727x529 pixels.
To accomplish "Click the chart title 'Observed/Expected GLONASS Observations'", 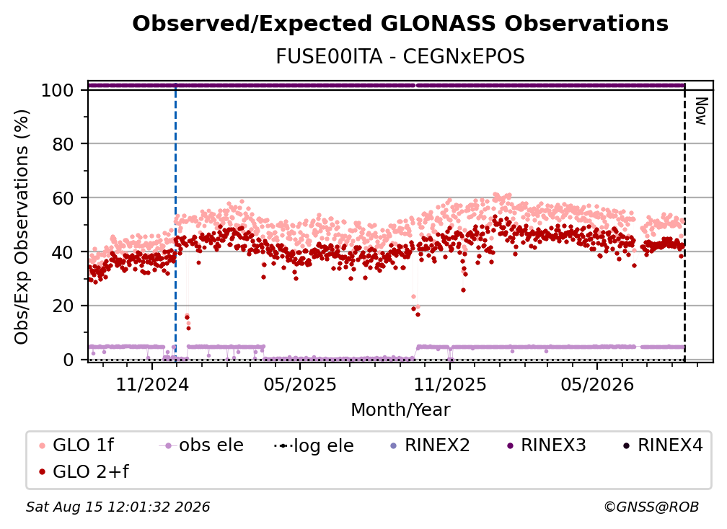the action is coord(400,24).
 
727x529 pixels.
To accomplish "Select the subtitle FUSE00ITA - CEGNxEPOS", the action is coord(400,57).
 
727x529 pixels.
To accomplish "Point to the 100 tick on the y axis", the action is coord(57,90).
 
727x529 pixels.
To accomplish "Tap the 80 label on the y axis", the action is coord(63,144).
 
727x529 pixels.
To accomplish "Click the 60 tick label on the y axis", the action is coord(63,198).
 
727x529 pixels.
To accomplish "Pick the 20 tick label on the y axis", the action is coord(63,306).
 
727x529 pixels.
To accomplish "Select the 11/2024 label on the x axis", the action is coord(152,385).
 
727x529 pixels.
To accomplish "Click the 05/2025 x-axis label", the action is coord(300,385).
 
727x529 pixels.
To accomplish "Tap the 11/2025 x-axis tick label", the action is coord(450,385).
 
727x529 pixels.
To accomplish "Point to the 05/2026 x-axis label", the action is coord(597,385).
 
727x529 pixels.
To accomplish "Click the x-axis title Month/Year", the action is coord(400,410).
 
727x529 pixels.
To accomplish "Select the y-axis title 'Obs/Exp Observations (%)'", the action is coord(22,227).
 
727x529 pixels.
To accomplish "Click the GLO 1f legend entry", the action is coord(76,445).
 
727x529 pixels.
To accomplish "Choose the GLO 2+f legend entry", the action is coord(84,471).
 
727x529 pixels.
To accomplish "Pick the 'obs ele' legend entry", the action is coord(201,445).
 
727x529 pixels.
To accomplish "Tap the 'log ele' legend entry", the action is coord(314,445).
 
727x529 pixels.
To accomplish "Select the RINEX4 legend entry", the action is coord(663,445).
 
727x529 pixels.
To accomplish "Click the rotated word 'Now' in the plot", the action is coord(701,111).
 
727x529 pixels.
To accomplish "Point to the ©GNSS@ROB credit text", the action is coord(651,507).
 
